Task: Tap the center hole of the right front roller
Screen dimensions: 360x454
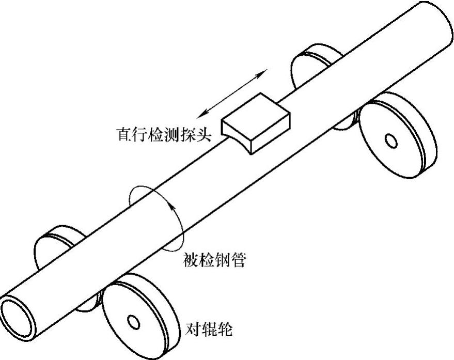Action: tap(391, 140)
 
